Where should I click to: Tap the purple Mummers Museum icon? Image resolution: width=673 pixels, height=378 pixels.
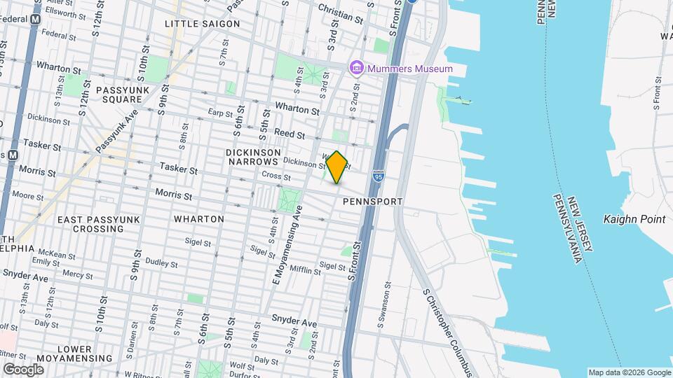coord(357,68)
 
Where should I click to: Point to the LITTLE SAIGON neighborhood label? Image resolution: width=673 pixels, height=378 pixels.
coord(202,24)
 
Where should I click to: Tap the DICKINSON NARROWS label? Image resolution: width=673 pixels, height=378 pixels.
coord(253,157)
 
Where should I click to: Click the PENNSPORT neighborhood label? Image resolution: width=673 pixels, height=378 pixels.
coord(373,202)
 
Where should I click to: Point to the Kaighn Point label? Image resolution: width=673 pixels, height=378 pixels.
coord(634,219)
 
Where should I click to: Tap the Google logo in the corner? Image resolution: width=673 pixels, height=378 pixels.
coord(23,369)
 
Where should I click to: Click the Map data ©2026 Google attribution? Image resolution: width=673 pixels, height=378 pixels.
coord(629,372)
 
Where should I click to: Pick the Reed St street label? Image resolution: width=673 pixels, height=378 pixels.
coord(290,134)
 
